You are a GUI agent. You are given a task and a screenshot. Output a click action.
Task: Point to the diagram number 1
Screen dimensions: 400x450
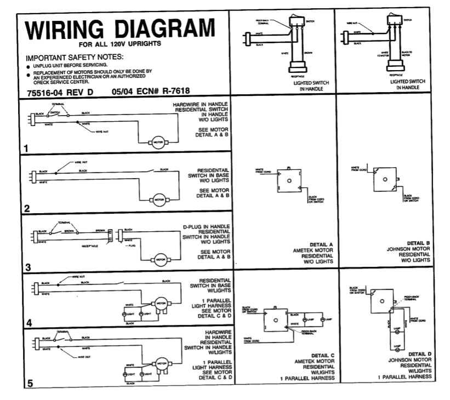(26, 147)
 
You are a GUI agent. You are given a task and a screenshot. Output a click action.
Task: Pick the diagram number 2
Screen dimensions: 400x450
(26, 208)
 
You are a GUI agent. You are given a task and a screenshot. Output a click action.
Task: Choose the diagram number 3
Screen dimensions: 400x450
(26, 267)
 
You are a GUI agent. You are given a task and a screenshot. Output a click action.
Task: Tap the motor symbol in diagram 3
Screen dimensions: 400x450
(161, 260)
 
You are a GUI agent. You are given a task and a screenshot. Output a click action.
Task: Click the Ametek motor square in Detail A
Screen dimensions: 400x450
(288, 181)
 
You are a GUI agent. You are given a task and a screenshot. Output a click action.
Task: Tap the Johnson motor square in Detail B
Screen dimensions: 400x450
(385, 180)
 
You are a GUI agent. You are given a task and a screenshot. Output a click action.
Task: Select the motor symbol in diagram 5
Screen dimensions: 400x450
(161, 362)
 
